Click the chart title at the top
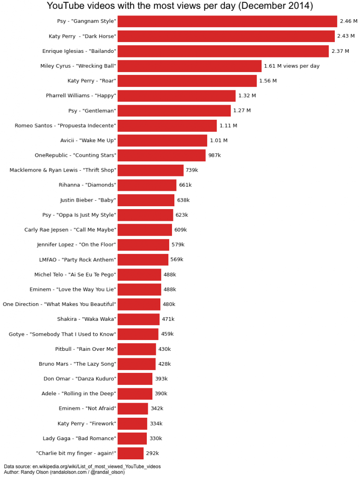pyautogui.click(x=180, y=6)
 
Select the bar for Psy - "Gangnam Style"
pyautogui.click(x=227, y=22)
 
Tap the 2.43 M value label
pyautogui.click(x=346, y=36)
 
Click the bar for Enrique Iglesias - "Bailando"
pyautogui.click(x=223, y=51)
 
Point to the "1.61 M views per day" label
pyautogui.click(x=292, y=66)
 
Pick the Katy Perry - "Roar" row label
pyautogui.click(x=92, y=81)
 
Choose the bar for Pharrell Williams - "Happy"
pyautogui.click(x=177, y=96)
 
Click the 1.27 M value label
pyautogui.click(x=242, y=111)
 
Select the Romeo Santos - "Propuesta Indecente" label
pyautogui.click(x=65, y=126)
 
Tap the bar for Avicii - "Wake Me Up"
pyautogui.click(x=162, y=140)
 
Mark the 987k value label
pyautogui.click(x=215, y=155)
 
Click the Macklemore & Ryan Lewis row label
pyautogui.click(x=63, y=170)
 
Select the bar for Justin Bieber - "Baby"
pyautogui.click(x=146, y=200)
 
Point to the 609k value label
pyautogui.click(x=180, y=230)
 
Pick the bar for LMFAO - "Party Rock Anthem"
pyautogui.click(x=143, y=260)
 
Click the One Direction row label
pyautogui.click(x=59, y=305)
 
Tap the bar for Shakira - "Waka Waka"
pyautogui.click(x=138, y=319)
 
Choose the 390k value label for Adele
pyautogui.click(x=161, y=394)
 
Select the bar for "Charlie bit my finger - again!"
pyautogui.click(x=130, y=453)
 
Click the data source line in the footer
pyautogui.click(x=82, y=466)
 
